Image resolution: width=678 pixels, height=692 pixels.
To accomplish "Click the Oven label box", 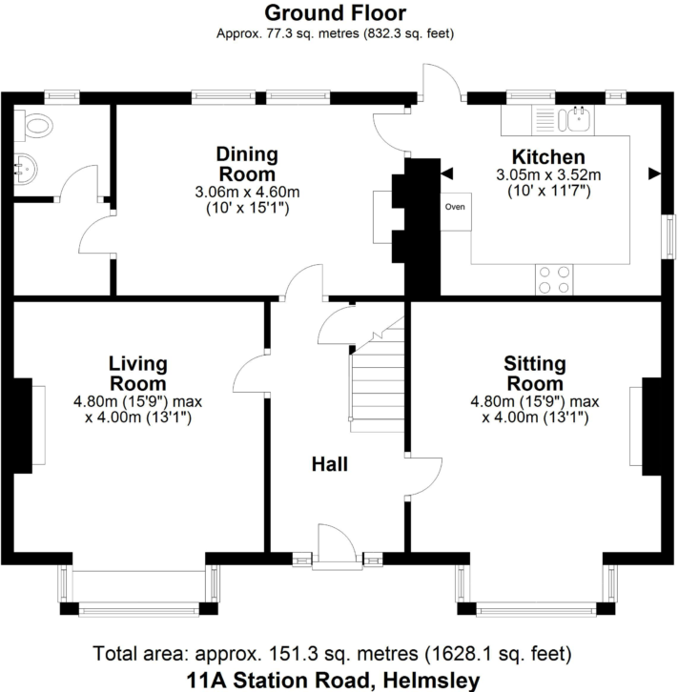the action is click(456, 212).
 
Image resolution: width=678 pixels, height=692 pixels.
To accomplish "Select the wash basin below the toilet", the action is click(26, 169).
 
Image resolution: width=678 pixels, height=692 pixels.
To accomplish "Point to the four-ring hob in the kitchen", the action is click(554, 280).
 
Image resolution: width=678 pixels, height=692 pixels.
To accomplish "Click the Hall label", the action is click(330, 464).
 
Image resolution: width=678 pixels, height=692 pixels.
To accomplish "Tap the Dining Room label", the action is click(247, 164).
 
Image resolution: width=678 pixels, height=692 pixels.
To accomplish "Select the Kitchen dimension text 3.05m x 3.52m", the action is click(548, 174).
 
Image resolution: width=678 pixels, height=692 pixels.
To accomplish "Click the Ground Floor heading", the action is click(336, 12).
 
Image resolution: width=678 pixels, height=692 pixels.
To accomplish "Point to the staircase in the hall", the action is click(378, 375).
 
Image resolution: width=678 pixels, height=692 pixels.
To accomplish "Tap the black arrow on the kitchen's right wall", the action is click(654, 173).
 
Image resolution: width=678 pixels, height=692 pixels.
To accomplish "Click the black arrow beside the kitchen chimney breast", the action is click(446, 173).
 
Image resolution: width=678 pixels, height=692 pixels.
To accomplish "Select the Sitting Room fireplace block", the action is click(651, 426).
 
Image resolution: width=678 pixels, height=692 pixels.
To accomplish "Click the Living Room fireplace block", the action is click(23, 426).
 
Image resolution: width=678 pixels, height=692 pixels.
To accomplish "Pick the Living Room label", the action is click(138, 374).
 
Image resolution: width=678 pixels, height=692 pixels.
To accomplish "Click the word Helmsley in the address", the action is click(431, 680).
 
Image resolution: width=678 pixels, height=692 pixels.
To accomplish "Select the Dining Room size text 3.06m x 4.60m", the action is click(247, 192).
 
